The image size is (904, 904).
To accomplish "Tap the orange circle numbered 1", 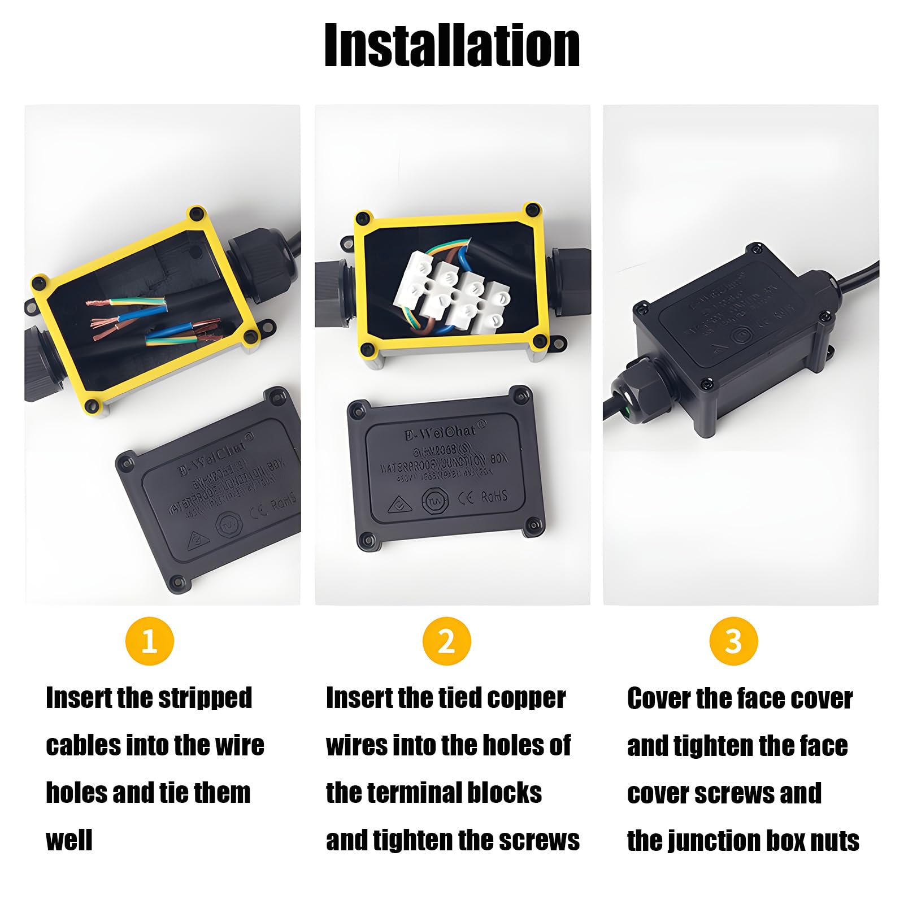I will click(x=149, y=641).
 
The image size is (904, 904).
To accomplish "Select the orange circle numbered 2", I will click(x=446, y=641).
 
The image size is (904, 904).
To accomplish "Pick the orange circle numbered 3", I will click(x=733, y=641).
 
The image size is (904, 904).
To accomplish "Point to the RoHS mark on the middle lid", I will click(x=494, y=497).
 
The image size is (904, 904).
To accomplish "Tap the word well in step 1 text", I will click(x=68, y=840).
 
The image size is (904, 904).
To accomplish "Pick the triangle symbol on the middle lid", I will click(x=399, y=505).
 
